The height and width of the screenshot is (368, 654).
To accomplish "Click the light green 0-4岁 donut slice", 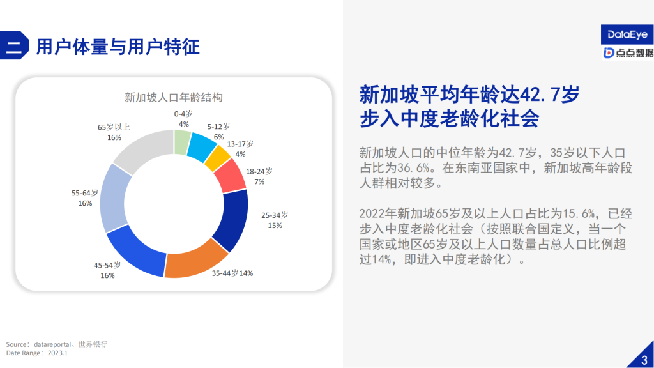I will point(182,142).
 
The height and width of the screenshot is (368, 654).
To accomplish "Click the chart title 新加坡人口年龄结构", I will point(173,98).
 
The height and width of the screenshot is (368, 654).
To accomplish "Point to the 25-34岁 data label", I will point(275,220).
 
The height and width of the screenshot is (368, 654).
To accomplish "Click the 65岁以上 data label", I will point(114,132).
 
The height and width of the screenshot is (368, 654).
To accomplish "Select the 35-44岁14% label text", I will point(232,273).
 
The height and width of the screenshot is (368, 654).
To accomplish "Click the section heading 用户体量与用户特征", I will point(118,47).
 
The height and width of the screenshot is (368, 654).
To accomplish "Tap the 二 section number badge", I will point(14,47).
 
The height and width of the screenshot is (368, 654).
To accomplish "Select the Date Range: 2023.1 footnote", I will point(37,353).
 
